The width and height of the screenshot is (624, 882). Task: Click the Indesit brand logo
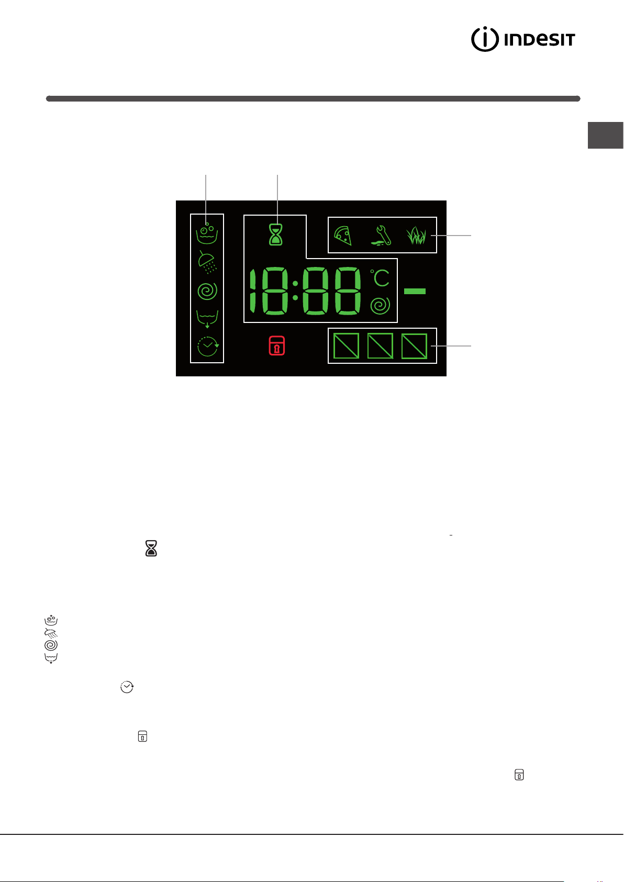coord(523,39)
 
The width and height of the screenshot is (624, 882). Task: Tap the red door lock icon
coord(276,345)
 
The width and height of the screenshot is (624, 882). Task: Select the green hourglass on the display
coord(275,235)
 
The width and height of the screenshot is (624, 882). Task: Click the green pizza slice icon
coord(342,236)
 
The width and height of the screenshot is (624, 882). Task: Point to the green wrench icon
coord(381,235)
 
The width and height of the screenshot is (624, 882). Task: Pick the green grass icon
coord(416,236)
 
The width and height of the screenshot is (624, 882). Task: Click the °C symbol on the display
coord(380,278)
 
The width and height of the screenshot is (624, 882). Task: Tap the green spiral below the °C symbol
coord(380,305)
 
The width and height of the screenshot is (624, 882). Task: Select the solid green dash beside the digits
coord(415,291)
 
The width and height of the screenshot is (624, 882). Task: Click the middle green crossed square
coord(380,345)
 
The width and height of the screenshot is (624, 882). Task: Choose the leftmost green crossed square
coord(346,345)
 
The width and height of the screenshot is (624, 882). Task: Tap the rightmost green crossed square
coord(414,346)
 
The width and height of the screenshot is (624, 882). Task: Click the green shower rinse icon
coord(207,262)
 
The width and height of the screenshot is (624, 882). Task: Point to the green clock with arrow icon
coord(207,346)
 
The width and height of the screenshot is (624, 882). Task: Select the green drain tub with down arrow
coord(207,319)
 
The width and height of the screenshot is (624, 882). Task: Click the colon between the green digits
coord(295,291)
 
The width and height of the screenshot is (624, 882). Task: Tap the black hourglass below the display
coord(151,548)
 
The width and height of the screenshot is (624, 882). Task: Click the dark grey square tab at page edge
coord(606,135)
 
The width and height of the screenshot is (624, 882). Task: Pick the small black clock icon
coord(127,687)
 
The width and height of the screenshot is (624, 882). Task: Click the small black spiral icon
coord(51,645)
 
